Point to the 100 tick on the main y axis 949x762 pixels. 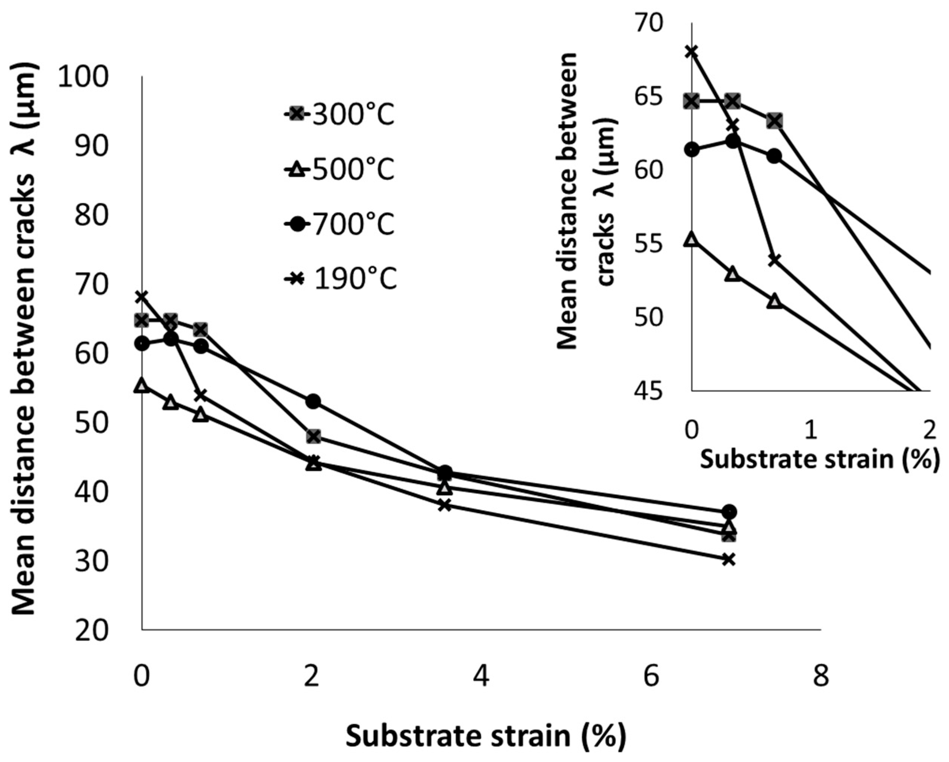click(83, 78)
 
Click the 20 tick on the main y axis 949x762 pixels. click(91, 631)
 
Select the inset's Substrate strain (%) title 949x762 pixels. click(819, 460)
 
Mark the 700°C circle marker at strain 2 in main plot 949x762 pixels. click(313, 401)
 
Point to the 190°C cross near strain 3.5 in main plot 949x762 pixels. click(445, 505)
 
